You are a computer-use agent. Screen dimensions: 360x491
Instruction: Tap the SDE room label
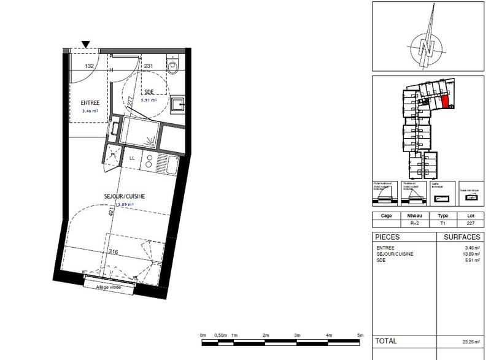point(149,92)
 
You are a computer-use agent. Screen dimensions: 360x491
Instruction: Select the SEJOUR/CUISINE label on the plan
point(123,196)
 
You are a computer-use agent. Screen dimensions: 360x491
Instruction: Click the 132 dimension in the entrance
point(89,66)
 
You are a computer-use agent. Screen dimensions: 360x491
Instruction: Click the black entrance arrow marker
point(86,44)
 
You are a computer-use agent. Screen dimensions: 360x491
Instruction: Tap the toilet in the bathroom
point(173,66)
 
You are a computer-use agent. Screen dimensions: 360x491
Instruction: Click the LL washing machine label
point(132,158)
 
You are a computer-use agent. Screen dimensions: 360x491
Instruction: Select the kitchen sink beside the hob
point(166,164)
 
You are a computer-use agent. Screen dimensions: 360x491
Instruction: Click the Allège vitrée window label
point(108,287)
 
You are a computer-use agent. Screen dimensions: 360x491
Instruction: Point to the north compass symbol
point(428,47)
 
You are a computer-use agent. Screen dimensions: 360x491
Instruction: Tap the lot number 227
point(471,224)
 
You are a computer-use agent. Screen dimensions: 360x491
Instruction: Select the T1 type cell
point(443,224)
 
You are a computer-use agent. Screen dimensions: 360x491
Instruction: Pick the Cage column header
point(387,216)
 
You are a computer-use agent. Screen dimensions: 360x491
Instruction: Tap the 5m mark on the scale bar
point(360,335)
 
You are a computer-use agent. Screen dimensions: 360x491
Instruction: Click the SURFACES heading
point(461,237)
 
